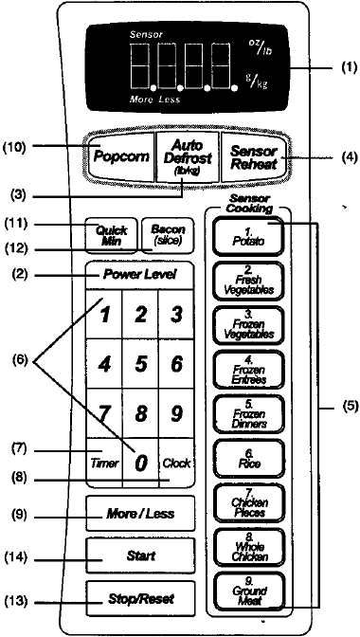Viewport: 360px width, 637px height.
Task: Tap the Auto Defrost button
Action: click(178, 156)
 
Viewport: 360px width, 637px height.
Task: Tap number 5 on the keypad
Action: click(140, 363)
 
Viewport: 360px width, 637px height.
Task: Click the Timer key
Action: click(104, 464)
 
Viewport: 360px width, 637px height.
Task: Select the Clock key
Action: click(176, 464)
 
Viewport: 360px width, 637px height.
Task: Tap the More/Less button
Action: click(140, 514)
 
